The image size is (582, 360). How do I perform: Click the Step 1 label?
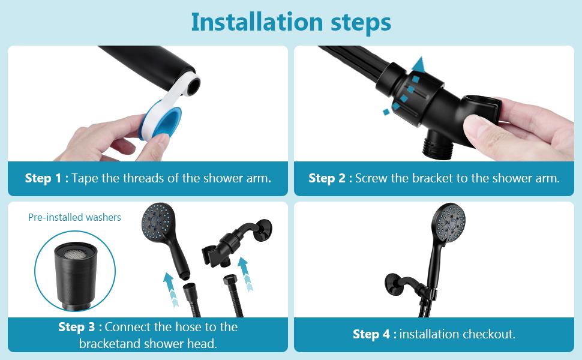(46, 178)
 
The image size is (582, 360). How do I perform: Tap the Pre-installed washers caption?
(74, 217)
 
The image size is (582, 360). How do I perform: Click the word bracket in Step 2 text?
(431, 178)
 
